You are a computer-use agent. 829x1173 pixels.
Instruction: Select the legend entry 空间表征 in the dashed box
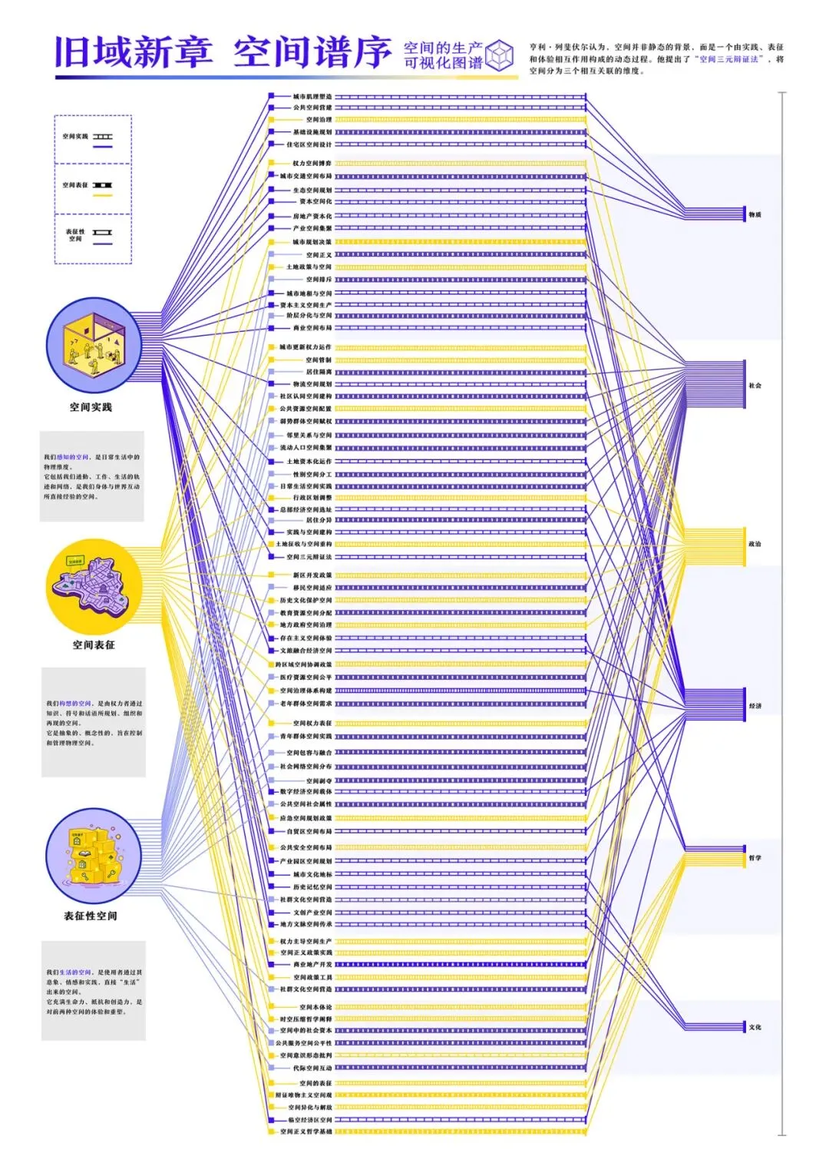(75, 185)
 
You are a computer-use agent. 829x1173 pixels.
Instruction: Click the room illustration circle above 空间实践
(94, 345)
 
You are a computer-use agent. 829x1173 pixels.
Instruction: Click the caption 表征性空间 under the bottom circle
(91, 916)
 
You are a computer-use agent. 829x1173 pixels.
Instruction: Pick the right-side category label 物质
(755, 215)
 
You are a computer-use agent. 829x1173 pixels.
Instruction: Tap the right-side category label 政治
(755, 544)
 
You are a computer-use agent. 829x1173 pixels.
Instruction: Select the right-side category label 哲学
(755, 858)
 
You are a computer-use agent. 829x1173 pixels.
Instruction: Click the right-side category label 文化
(755, 1027)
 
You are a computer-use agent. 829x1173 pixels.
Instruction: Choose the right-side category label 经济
(755, 706)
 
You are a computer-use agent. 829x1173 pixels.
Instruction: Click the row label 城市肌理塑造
(312, 97)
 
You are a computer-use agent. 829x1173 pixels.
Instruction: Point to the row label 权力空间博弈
(312, 163)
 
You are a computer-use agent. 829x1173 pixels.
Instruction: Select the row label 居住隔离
(319, 372)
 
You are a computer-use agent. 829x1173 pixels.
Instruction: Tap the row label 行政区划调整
(312, 498)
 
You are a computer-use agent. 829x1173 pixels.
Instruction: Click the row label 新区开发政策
(312, 575)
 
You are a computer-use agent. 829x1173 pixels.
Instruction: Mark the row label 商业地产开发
(313, 965)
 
